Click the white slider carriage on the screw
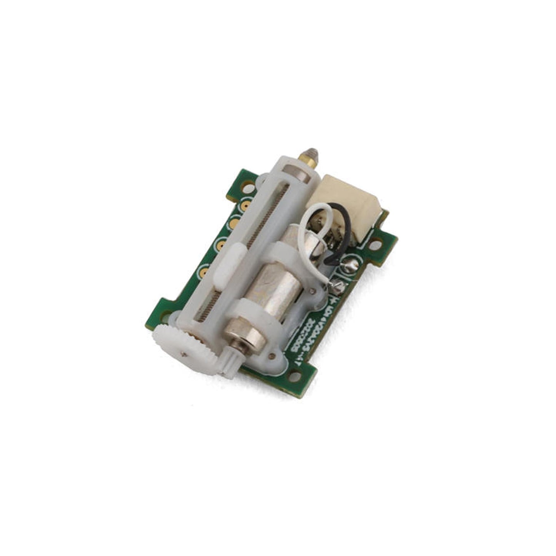(230, 267)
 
